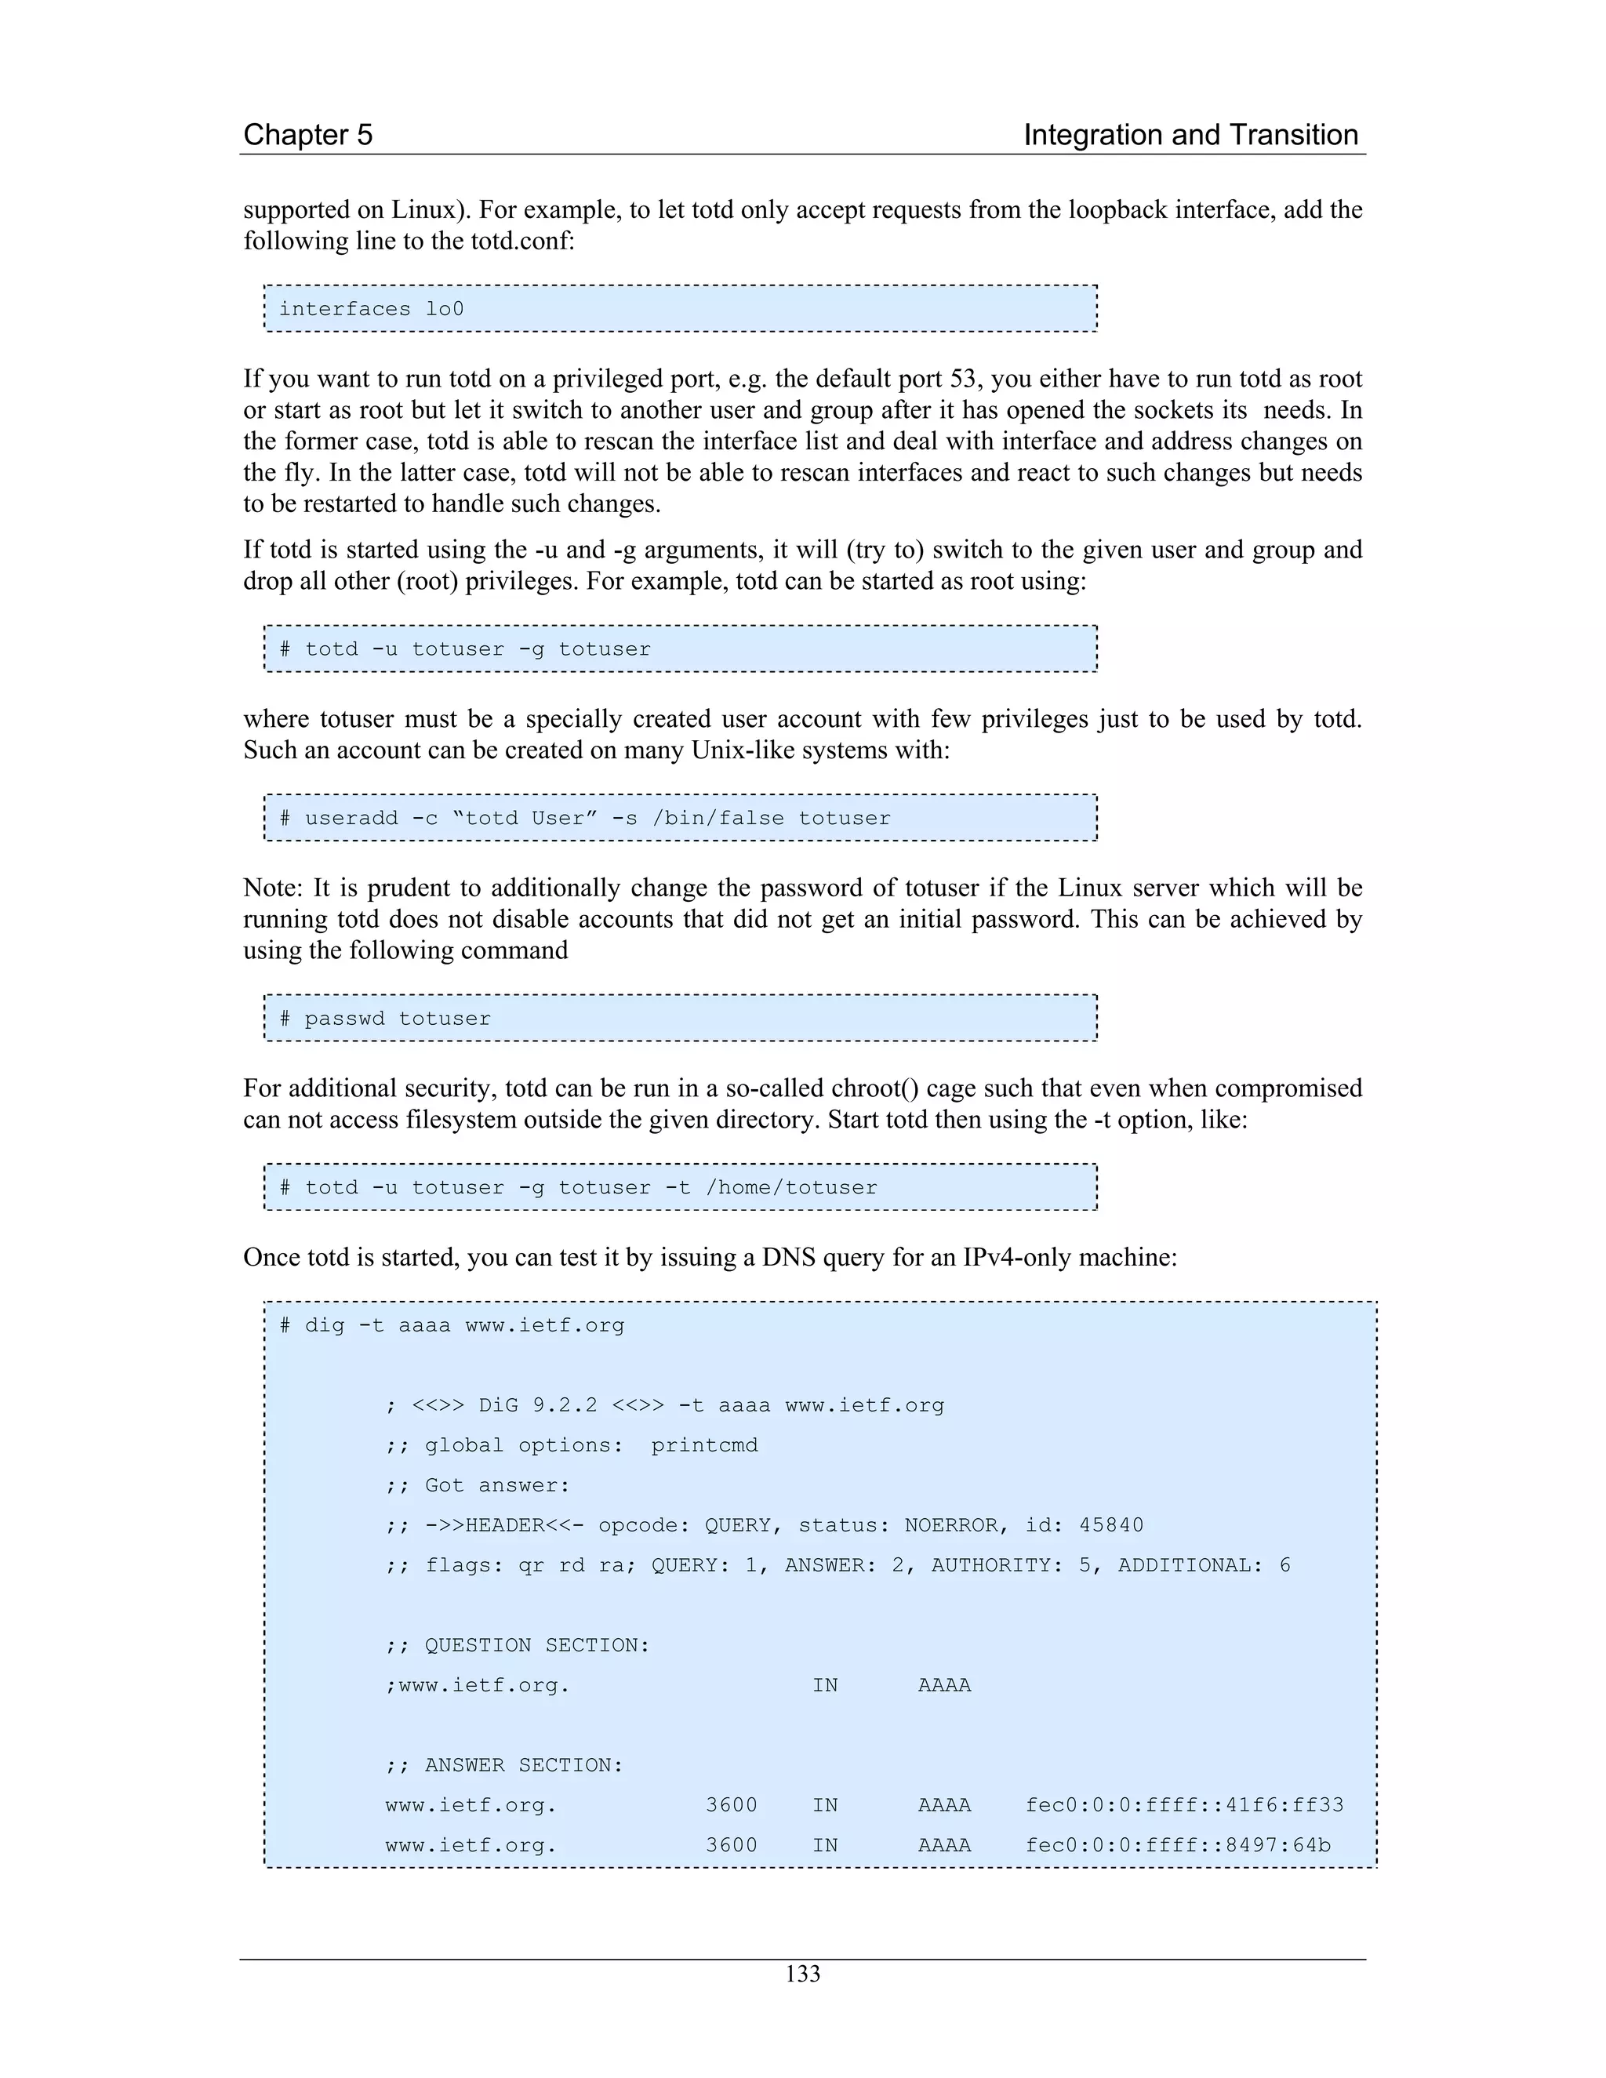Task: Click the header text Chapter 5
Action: pos(307,135)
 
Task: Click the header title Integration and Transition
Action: pos(1190,135)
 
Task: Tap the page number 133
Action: pos(802,1974)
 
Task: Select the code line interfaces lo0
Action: pos(371,309)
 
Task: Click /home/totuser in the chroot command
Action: pos(791,1187)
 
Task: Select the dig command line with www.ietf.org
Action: pos(452,1325)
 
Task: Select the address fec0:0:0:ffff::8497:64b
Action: pos(1177,1845)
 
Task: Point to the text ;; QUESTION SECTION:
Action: pos(518,1645)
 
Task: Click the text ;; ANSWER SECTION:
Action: pos(504,1765)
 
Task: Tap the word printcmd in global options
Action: pos(704,1445)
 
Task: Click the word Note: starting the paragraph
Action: pos(273,888)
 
